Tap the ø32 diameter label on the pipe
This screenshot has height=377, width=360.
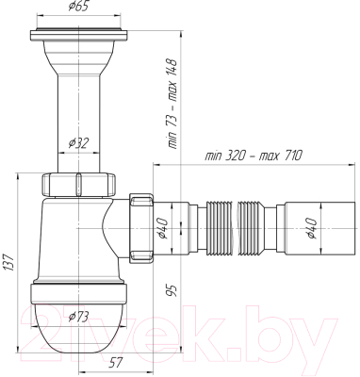[x=78, y=143]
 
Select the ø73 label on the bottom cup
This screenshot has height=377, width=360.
[x=78, y=317]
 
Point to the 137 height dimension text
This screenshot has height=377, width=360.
[x=9, y=262]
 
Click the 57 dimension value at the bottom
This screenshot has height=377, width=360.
[x=116, y=363]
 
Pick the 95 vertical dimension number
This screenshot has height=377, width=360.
[x=172, y=289]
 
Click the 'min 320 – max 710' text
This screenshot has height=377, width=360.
[x=254, y=156]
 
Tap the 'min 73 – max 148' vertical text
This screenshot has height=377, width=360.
[x=172, y=104]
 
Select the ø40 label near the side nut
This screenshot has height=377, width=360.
[x=164, y=228]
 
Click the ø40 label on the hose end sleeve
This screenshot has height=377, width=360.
[x=312, y=228]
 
